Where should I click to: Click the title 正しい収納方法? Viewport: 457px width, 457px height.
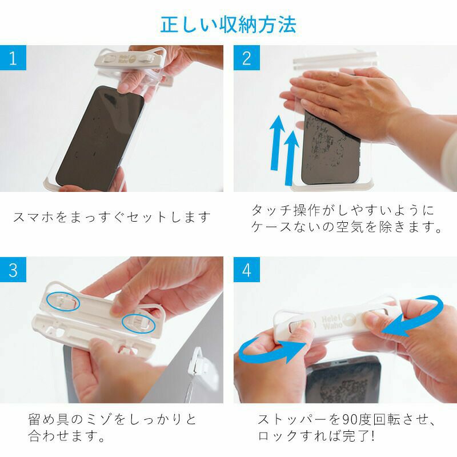(x=228, y=25)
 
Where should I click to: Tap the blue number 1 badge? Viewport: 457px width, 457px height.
(x=13, y=58)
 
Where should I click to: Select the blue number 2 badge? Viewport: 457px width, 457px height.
(x=247, y=58)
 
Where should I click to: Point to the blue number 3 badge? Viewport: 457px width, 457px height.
(x=13, y=270)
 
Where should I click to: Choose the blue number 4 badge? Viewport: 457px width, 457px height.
(x=247, y=270)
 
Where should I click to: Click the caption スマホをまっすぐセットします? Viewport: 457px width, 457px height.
(x=112, y=217)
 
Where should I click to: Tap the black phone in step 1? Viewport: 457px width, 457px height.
(x=100, y=138)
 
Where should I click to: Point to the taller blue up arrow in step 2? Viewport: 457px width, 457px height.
(x=276, y=142)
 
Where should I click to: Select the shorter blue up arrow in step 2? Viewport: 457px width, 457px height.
(x=291, y=158)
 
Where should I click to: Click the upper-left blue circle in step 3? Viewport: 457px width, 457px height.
(x=63, y=302)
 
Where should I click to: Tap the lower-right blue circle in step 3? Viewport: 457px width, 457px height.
(x=139, y=323)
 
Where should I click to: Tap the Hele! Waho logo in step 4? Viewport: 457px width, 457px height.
(x=338, y=322)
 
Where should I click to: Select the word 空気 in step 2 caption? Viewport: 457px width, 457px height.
(x=350, y=227)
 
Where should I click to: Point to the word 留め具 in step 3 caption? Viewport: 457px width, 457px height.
(x=49, y=419)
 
